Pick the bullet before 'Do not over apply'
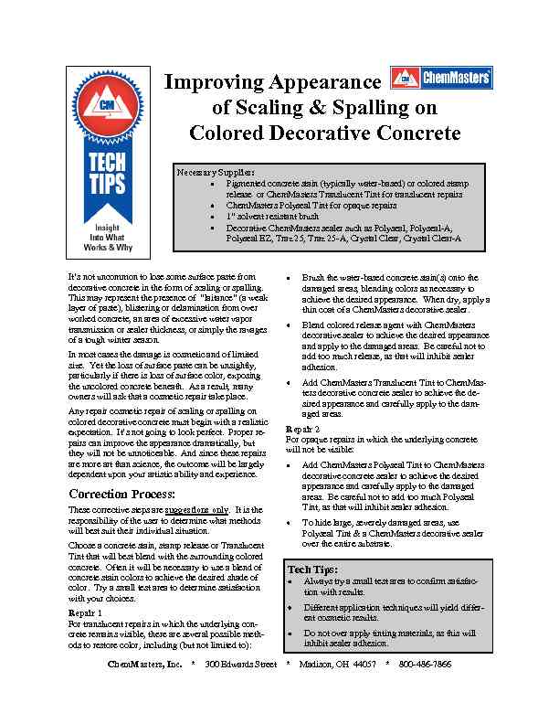(x=290, y=633)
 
